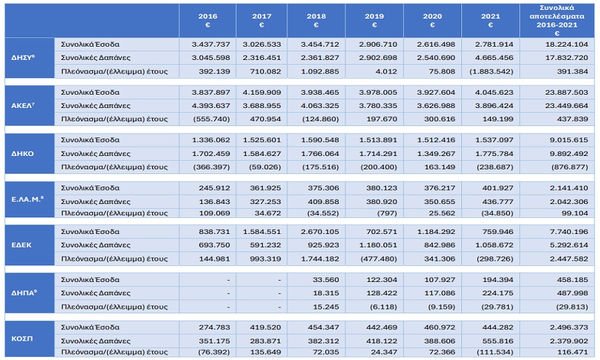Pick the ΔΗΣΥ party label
point(23,58)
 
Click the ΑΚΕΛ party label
point(23,105)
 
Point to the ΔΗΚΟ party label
point(23,154)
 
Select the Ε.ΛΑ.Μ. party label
point(27,199)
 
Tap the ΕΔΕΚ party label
point(21,245)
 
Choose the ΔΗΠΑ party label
point(24,293)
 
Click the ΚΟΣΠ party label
point(22,339)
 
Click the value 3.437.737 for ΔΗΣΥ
point(211,45)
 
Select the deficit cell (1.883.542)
point(491,71)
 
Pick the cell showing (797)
point(387,213)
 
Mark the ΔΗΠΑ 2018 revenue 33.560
point(325,280)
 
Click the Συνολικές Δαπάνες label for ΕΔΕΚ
point(95,245)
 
